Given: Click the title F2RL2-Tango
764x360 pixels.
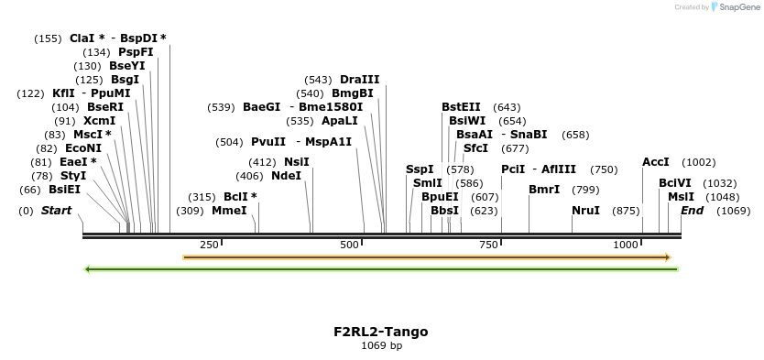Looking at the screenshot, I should pyautogui.click(x=381, y=332).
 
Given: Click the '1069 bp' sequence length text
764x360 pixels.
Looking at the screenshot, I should pyautogui.click(x=381, y=346).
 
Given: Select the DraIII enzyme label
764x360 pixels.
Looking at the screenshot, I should pyautogui.click(x=359, y=80).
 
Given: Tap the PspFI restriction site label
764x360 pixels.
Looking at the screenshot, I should pyautogui.click(x=136, y=52).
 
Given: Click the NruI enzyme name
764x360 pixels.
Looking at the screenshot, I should pyautogui.click(x=585, y=211).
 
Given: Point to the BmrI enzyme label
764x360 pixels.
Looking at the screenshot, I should pyautogui.click(x=544, y=190).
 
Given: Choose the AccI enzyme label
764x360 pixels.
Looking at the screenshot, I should pyautogui.click(x=656, y=162).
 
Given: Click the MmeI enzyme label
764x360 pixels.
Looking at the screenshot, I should pyautogui.click(x=229, y=211).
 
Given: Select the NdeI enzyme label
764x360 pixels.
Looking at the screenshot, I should pyautogui.click(x=286, y=176).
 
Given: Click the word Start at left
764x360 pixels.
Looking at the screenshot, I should pyautogui.click(x=56, y=211).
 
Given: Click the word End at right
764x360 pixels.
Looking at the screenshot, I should pyautogui.click(x=692, y=211).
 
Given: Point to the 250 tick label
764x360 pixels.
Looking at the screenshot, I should pyautogui.click(x=209, y=245).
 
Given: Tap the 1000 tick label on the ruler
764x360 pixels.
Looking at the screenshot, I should pyautogui.click(x=626, y=245).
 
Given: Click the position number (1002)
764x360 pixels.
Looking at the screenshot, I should pyautogui.click(x=698, y=162).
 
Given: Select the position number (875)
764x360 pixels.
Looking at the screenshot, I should pyautogui.click(x=626, y=211).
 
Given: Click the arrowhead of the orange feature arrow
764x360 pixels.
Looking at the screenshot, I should pyautogui.click(x=667, y=257).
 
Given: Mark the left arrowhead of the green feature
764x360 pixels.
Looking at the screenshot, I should pyautogui.click(x=87, y=269).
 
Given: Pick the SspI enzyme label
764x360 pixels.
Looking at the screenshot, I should pyautogui.click(x=420, y=169).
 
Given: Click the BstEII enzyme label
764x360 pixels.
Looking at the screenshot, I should pyautogui.click(x=461, y=107).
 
